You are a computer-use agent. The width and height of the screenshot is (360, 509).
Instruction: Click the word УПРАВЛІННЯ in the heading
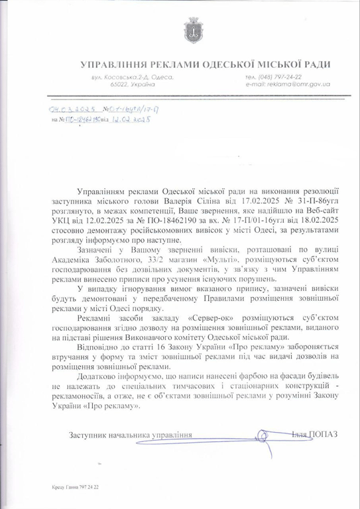click(x=112, y=64)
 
